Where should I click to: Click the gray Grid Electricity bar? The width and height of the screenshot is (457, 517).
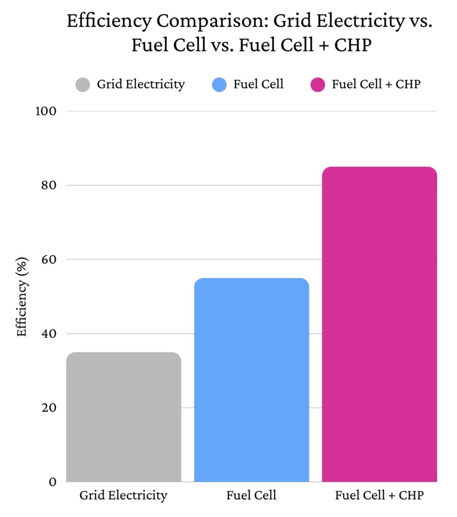[123, 417]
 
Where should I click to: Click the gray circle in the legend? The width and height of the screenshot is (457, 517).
[83, 84]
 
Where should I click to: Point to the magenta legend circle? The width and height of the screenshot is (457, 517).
[317, 84]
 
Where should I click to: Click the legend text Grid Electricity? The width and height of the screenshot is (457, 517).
[141, 84]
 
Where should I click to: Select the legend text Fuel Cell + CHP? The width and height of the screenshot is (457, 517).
[376, 84]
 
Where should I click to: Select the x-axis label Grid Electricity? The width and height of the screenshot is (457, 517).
[123, 496]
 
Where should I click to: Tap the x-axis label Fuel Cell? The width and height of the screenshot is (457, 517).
[251, 496]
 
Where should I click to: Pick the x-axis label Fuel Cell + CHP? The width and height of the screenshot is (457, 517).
[379, 496]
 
